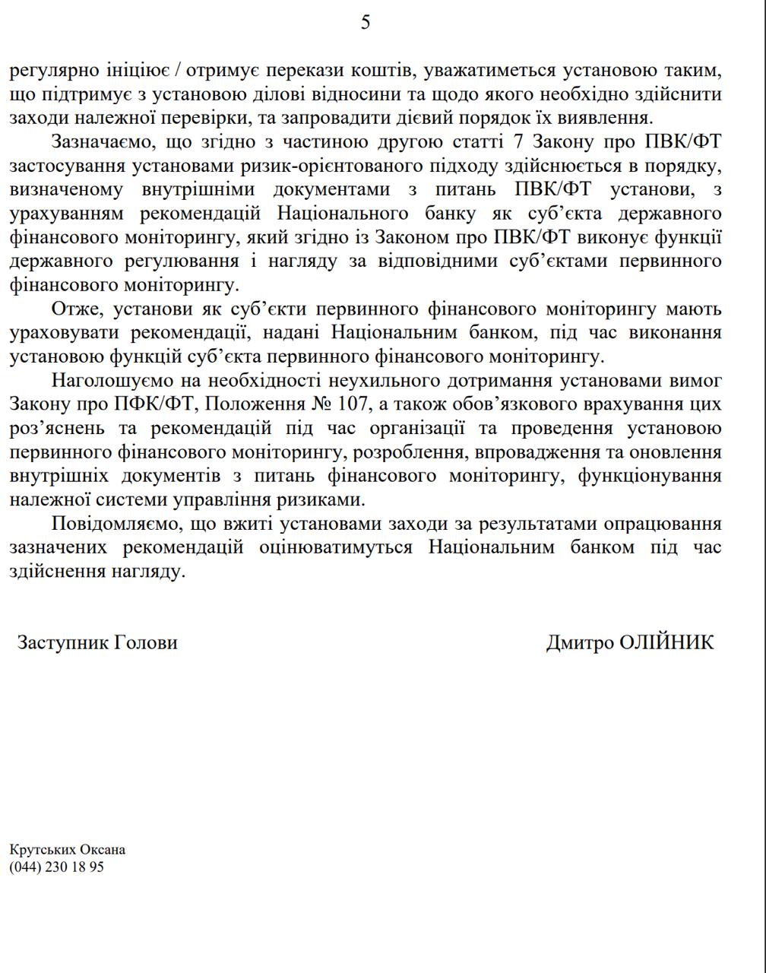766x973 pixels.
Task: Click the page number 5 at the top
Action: coord(366,23)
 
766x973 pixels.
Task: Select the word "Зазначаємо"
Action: coord(99,142)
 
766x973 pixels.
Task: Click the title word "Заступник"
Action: coord(63,642)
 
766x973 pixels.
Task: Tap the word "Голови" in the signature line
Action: coord(146,642)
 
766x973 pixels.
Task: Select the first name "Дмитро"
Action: coord(580,642)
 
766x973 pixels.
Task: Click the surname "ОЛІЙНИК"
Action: coord(667,642)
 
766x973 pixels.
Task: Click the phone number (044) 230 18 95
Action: coord(56,867)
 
